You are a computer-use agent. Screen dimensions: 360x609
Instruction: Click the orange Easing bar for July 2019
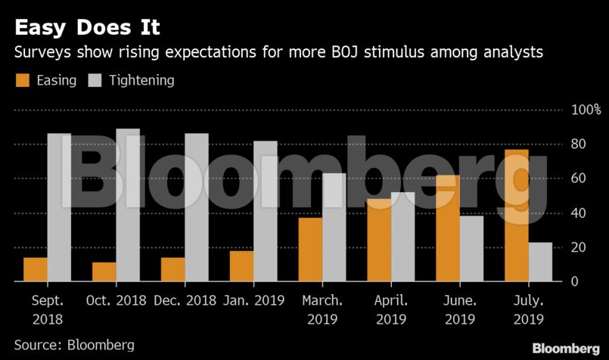pyautogui.click(x=517, y=216)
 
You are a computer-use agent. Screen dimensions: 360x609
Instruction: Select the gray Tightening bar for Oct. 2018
pyautogui.click(x=128, y=205)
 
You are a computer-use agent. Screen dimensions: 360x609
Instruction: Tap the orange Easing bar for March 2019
pyautogui.click(x=310, y=250)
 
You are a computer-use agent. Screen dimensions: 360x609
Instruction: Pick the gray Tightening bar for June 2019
pyautogui.click(x=471, y=249)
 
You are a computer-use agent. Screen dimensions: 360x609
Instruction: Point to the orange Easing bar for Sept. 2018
pyautogui.click(x=36, y=269)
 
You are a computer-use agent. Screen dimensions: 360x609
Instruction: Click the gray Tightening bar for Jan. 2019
pyautogui.click(x=266, y=211)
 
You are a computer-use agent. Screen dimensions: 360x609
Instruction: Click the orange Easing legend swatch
pyautogui.click(x=23, y=80)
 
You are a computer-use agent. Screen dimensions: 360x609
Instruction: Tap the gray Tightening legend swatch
pyautogui.click(x=96, y=80)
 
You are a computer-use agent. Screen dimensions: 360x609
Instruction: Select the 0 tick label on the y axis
pyautogui.click(x=576, y=281)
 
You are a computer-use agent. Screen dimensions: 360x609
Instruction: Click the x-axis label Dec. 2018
pyautogui.click(x=185, y=301)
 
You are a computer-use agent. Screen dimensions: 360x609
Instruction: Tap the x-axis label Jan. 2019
pyautogui.click(x=253, y=301)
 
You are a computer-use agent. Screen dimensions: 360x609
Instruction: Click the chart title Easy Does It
pyautogui.click(x=87, y=28)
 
